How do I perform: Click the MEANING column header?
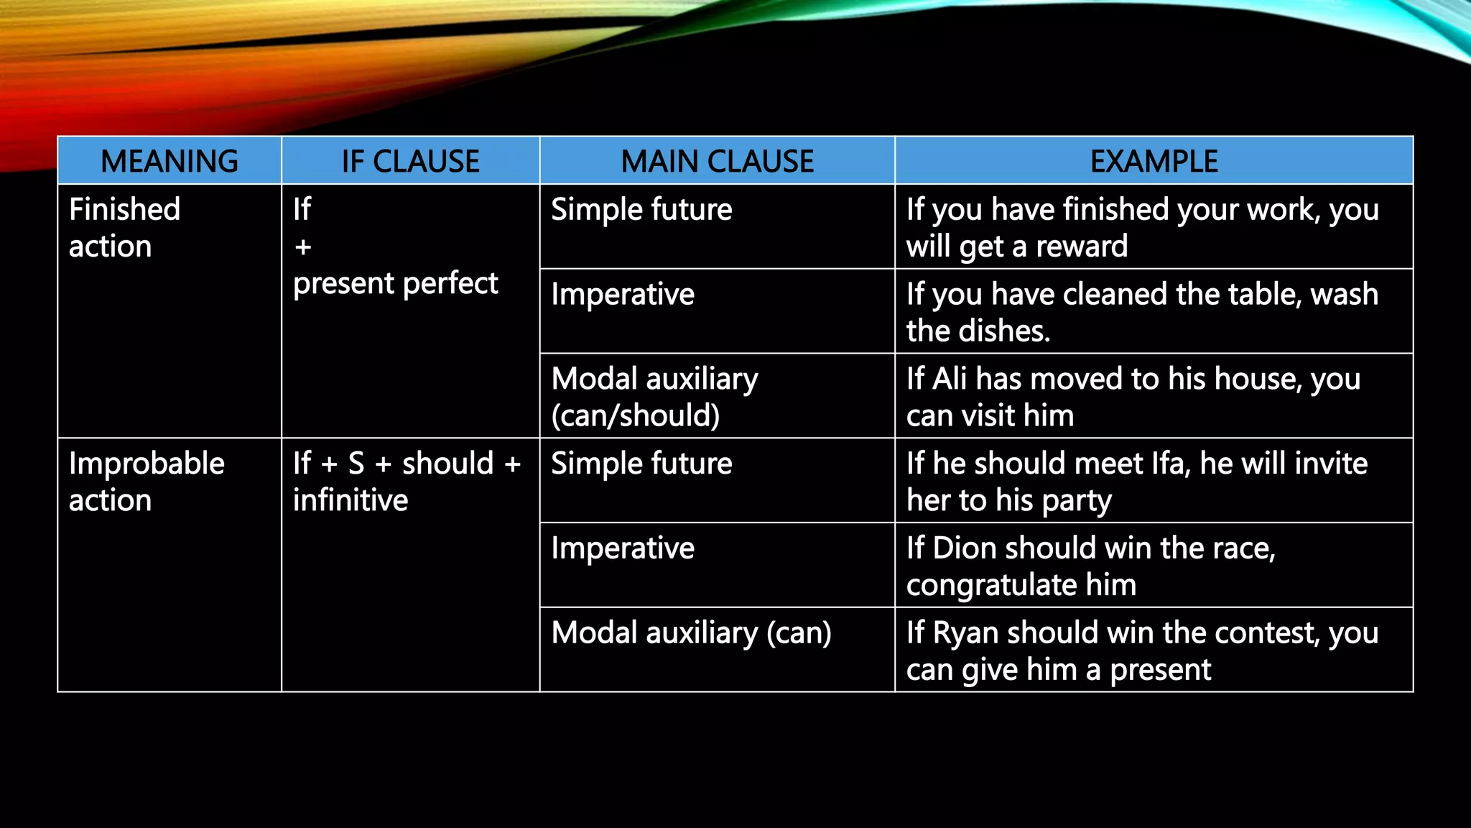[x=170, y=161]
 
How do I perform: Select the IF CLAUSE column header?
[x=410, y=161]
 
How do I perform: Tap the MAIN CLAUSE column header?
[x=717, y=161]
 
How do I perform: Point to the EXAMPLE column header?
[x=1154, y=161]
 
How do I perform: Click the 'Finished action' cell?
[x=124, y=228]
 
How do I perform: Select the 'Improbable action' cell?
[x=147, y=482]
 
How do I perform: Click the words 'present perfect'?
[x=395, y=283]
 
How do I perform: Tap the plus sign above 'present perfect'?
[x=303, y=247]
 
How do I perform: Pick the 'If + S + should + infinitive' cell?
[x=407, y=482]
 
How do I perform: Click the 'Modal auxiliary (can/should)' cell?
[x=654, y=397]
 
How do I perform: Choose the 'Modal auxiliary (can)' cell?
[x=691, y=633]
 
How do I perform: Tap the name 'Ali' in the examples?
[x=949, y=379]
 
